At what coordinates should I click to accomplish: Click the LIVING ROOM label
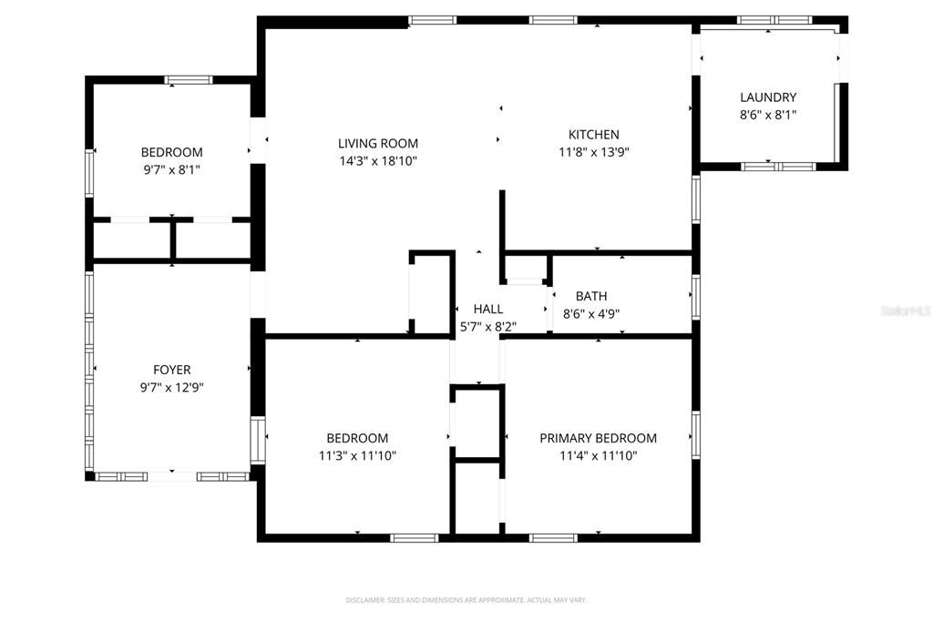click(378, 143)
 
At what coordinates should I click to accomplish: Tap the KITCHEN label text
click(594, 134)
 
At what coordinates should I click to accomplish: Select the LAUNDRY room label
click(768, 97)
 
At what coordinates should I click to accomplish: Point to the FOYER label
click(172, 370)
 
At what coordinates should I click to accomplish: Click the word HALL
click(487, 310)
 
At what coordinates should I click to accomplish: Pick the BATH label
click(591, 296)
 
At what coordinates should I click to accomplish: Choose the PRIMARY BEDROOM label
click(598, 438)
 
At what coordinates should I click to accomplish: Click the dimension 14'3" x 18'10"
click(378, 160)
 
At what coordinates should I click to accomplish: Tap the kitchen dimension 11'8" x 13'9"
click(594, 152)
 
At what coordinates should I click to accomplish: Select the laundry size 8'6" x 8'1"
click(768, 115)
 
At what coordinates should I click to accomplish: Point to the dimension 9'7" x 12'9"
click(172, 387)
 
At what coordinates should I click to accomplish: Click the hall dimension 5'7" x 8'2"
click(487, 327)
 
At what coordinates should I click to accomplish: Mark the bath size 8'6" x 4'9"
click(591, 313)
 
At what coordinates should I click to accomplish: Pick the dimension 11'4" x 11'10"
click(598, 455)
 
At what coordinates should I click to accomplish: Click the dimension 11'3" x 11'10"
click(357, 455)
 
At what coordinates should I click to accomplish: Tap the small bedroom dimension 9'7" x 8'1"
click(171, 168)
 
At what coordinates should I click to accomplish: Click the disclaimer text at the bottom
click(466, 600)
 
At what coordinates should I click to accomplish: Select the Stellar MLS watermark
click(905, 310)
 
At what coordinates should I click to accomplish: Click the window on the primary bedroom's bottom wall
click(554, 537)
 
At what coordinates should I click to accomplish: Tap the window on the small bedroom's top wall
click(189, 80)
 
